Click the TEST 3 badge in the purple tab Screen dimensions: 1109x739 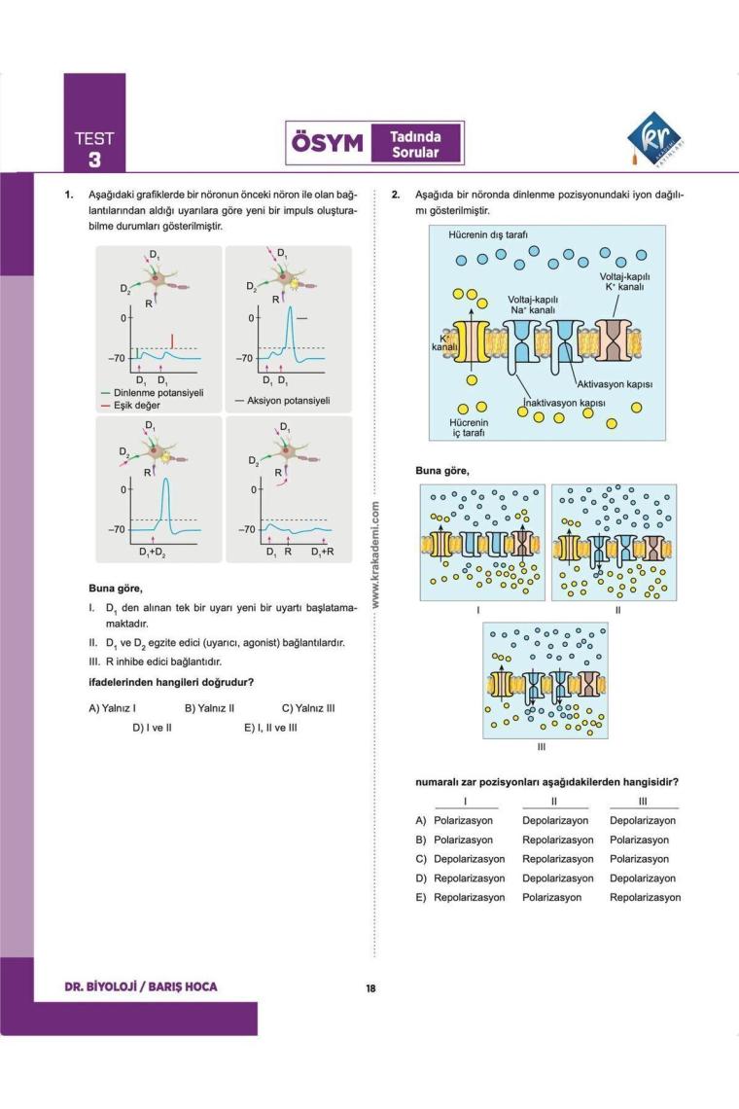(x=94, y=148)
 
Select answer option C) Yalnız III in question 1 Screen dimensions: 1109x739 (x=308, y=708)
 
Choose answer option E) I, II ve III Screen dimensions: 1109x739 (x=270, y=727)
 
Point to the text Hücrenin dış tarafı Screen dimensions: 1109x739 (x=487, y=235)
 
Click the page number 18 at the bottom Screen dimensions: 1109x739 (x=370, y=989)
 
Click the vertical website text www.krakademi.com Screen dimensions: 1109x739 (x=375, y=555)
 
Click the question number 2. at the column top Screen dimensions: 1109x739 (x=396, y=194)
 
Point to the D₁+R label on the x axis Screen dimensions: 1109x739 (x=322, y=552)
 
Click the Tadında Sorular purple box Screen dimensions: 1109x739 (x=414, y=145)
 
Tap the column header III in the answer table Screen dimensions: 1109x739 (x=643, y=802)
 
